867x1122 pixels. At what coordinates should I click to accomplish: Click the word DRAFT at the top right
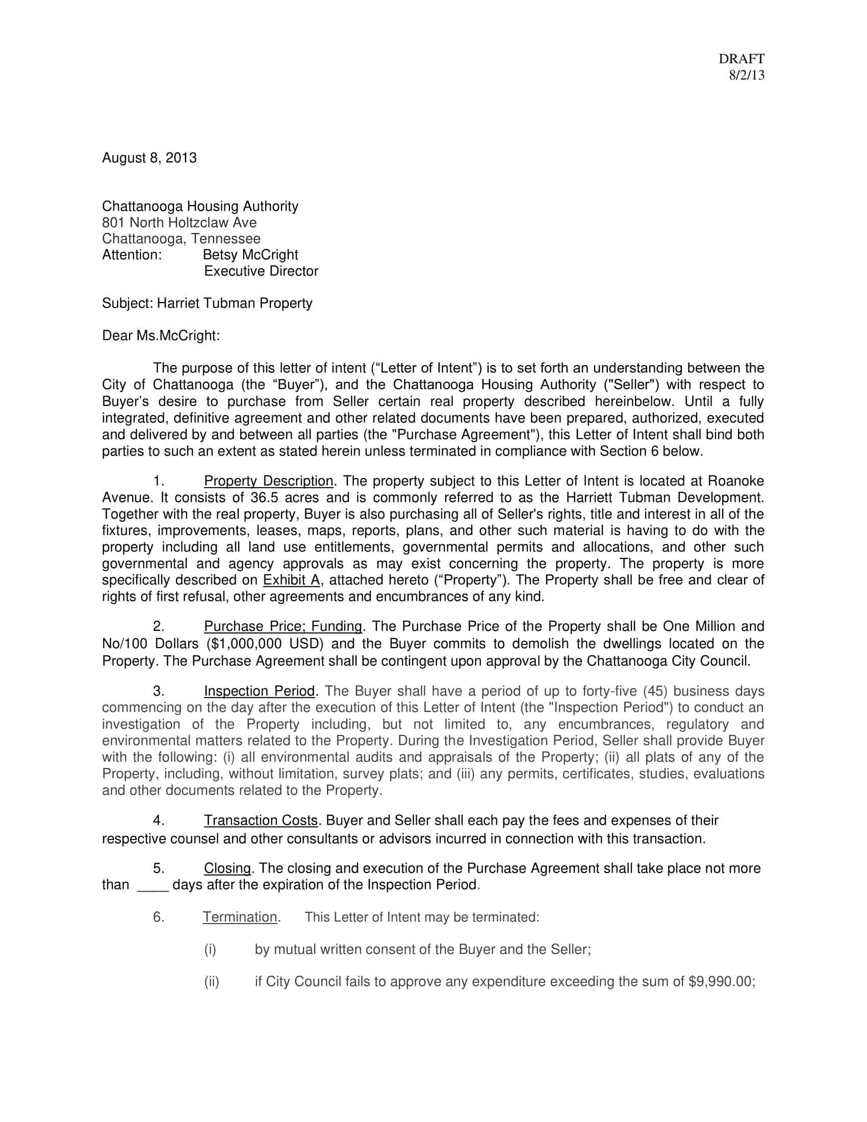[741, 59]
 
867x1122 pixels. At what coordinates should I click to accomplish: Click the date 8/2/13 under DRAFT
[746, 75]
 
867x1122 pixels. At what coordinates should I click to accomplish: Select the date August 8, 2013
[149, 158]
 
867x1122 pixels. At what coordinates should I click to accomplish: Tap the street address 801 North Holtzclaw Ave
[179, 222]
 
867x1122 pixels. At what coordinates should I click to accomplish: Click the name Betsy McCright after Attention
[250, 255]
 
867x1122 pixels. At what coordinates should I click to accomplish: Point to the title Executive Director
[261, 271]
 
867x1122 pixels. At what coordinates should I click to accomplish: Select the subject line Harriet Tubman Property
[234, 303]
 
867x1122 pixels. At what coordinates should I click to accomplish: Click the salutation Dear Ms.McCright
[161, 336]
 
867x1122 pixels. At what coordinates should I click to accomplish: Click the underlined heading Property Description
[269, 481]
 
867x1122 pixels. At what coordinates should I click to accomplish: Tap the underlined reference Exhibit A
[291, 580]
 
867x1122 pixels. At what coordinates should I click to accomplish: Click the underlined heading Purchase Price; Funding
[283, 627]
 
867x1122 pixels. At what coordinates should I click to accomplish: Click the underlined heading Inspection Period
[260, 692]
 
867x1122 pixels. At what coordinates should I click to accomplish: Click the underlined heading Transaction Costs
[261, 821]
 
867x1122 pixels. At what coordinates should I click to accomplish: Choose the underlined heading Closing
[227, 869]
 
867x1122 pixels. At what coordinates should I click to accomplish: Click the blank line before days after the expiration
[153, 885]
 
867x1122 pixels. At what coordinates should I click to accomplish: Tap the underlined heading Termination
[240, 917]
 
